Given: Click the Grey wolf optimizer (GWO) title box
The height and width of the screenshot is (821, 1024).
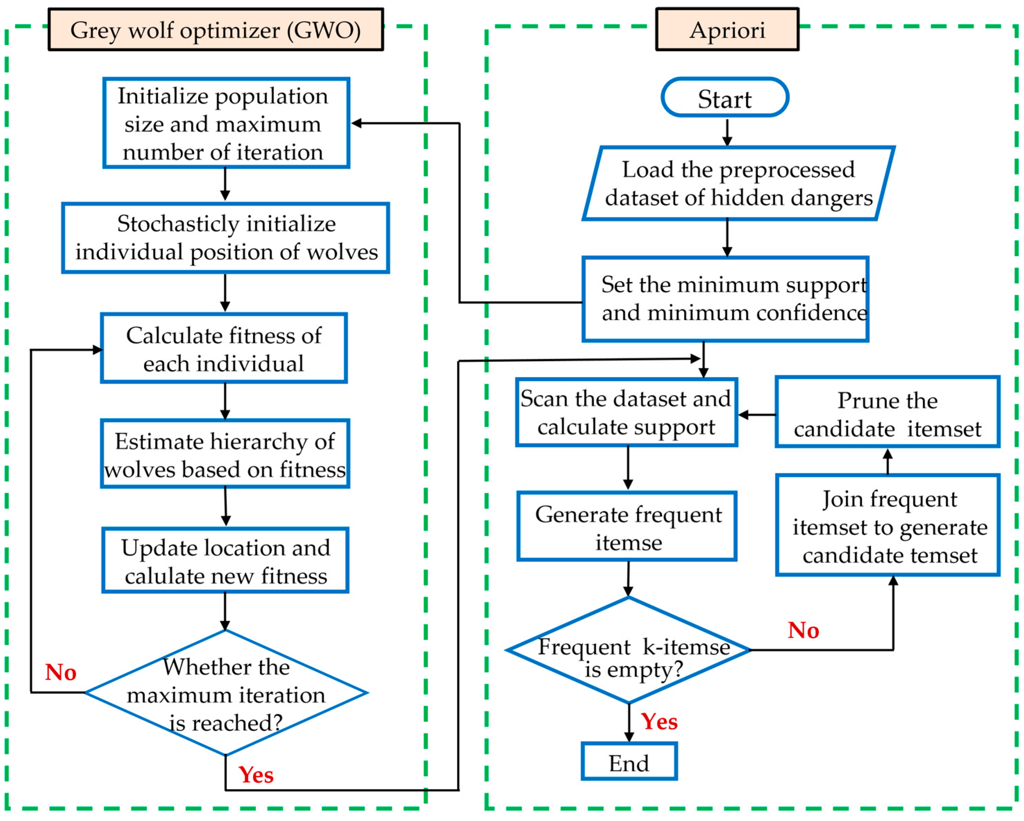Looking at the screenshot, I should (215, 30).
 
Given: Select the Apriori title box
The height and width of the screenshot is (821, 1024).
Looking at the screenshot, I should (727, 30).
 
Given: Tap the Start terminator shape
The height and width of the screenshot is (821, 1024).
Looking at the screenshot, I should (725, 98).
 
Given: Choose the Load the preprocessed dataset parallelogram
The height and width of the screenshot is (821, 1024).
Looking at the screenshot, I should (738, 183).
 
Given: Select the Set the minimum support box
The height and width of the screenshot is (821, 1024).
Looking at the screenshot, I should (725, 299).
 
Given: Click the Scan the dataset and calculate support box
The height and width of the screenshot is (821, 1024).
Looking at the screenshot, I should (626, 412).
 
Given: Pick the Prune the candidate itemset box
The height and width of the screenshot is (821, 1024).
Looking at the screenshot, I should (887, 412).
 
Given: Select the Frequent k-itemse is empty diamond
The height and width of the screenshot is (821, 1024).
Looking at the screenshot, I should (629, 650).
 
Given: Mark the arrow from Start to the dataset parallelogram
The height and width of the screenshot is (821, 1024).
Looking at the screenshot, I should (727, 131).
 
